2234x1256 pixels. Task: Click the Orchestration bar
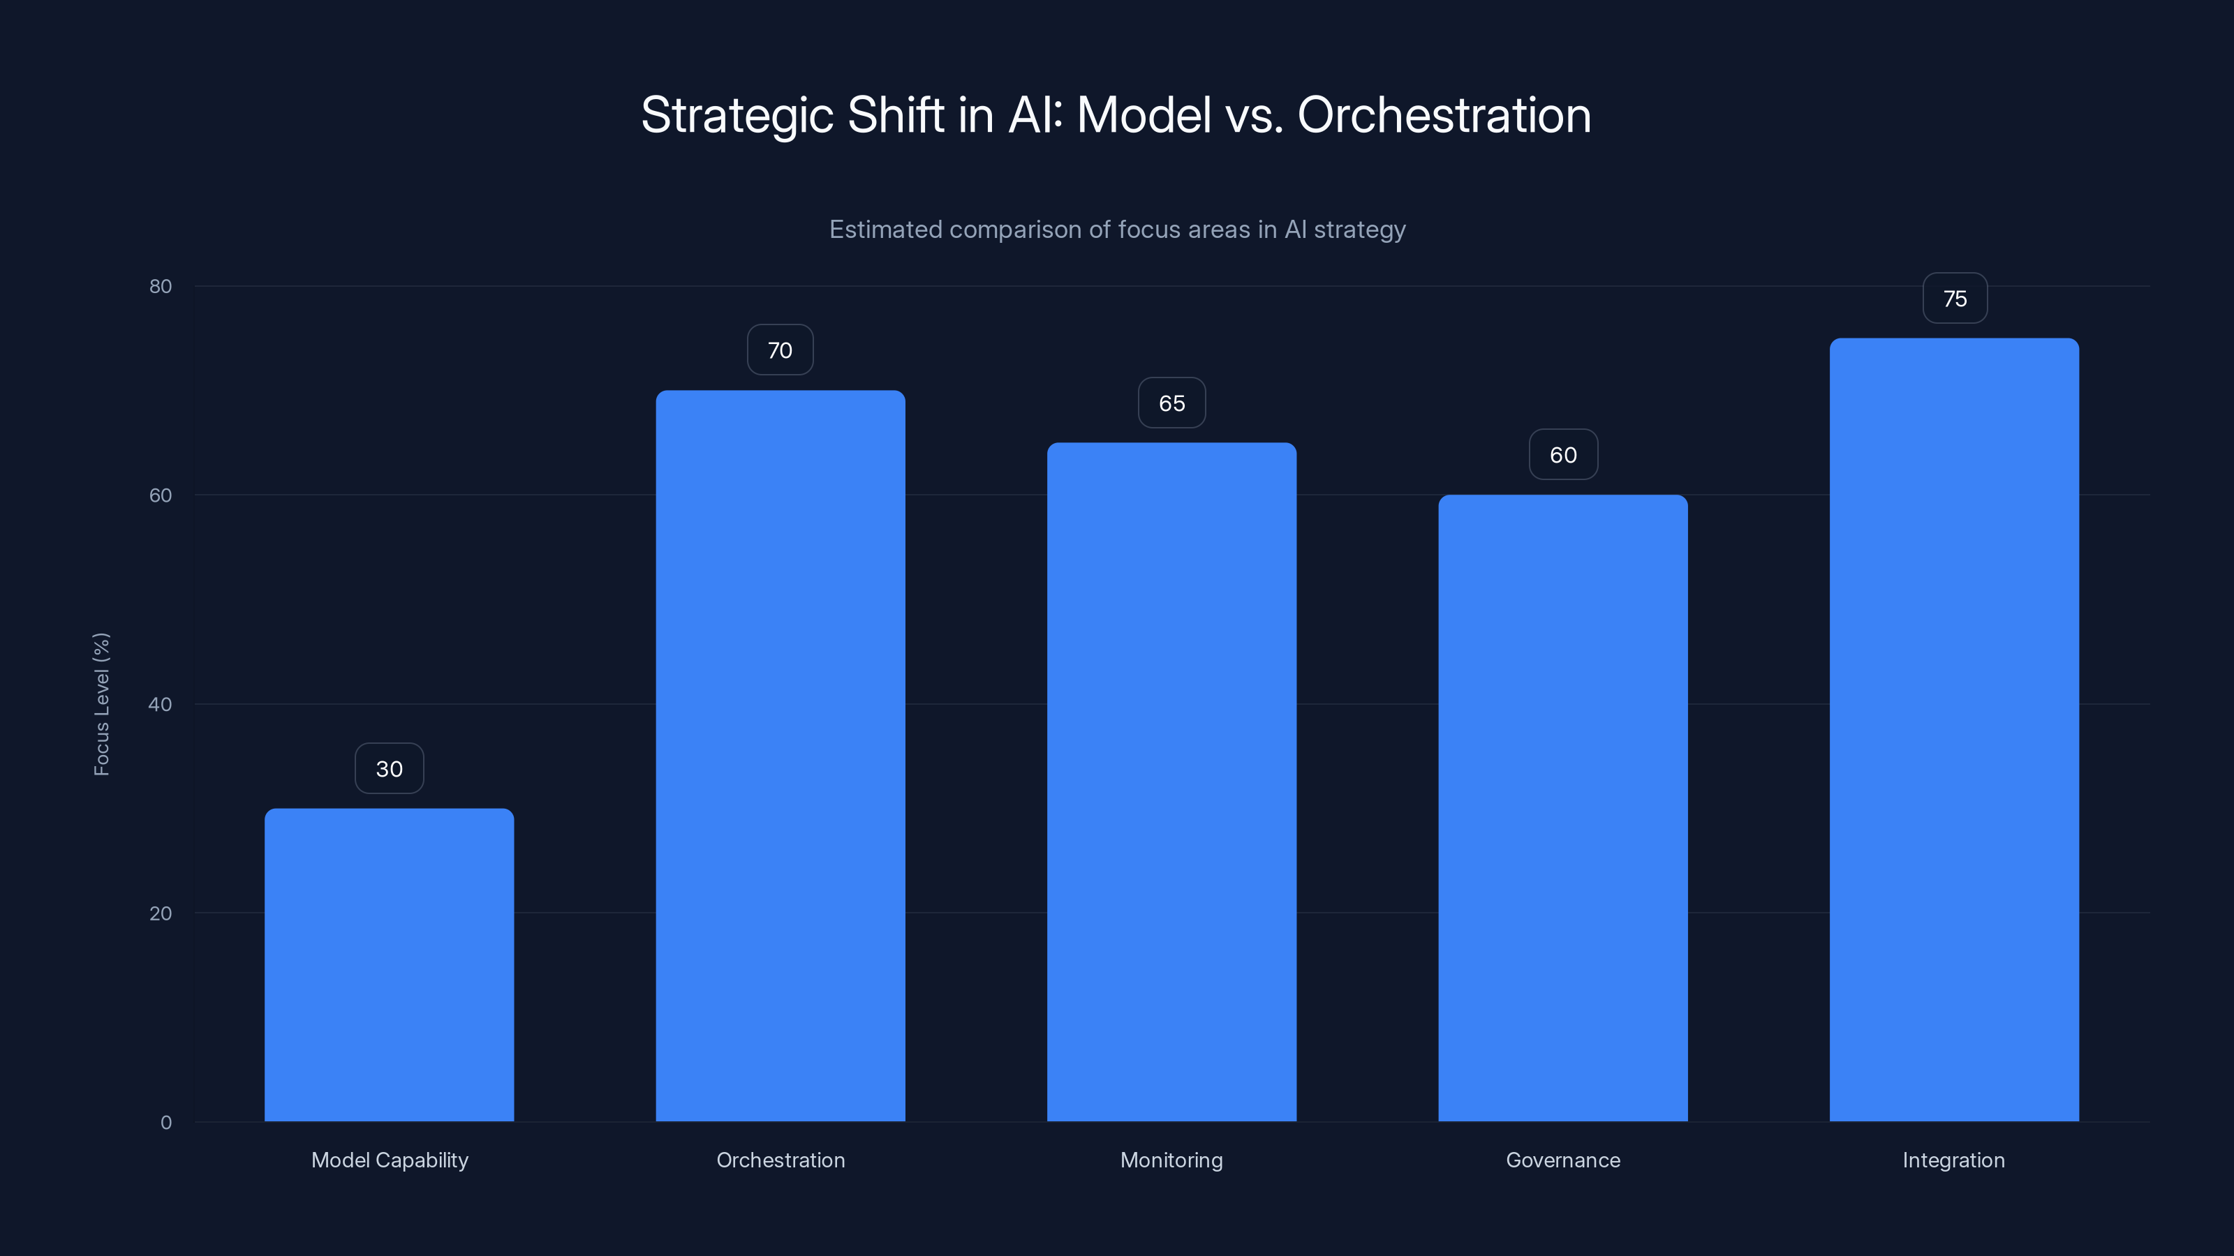(x=780, y=755)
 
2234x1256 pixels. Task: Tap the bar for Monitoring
(x=1171, y=781)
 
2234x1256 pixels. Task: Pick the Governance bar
(x=1563, y=807)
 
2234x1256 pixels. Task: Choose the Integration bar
(x=1954, y=729)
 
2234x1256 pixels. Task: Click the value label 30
(x=389, y=769)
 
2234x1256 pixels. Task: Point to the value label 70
(x=780, y=350)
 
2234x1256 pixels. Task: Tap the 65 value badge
(x=1171, y=403)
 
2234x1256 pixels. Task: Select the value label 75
(x=1955, y=299)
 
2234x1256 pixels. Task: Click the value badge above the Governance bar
(x=1563, y=455)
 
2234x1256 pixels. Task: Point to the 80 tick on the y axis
(x=161, y=286)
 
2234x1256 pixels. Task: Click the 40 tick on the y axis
(x=161, y=704)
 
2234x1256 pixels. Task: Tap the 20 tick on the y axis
(x=161, y=913)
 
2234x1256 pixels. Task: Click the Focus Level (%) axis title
(x=101, y=704)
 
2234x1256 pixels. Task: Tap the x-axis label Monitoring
(x=1171, y=1160)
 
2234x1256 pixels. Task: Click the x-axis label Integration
(x=1953, y=1160)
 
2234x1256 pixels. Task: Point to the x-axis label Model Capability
(x=390, y=1160)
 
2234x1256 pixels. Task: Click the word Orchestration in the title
(x=1443, y=115)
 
